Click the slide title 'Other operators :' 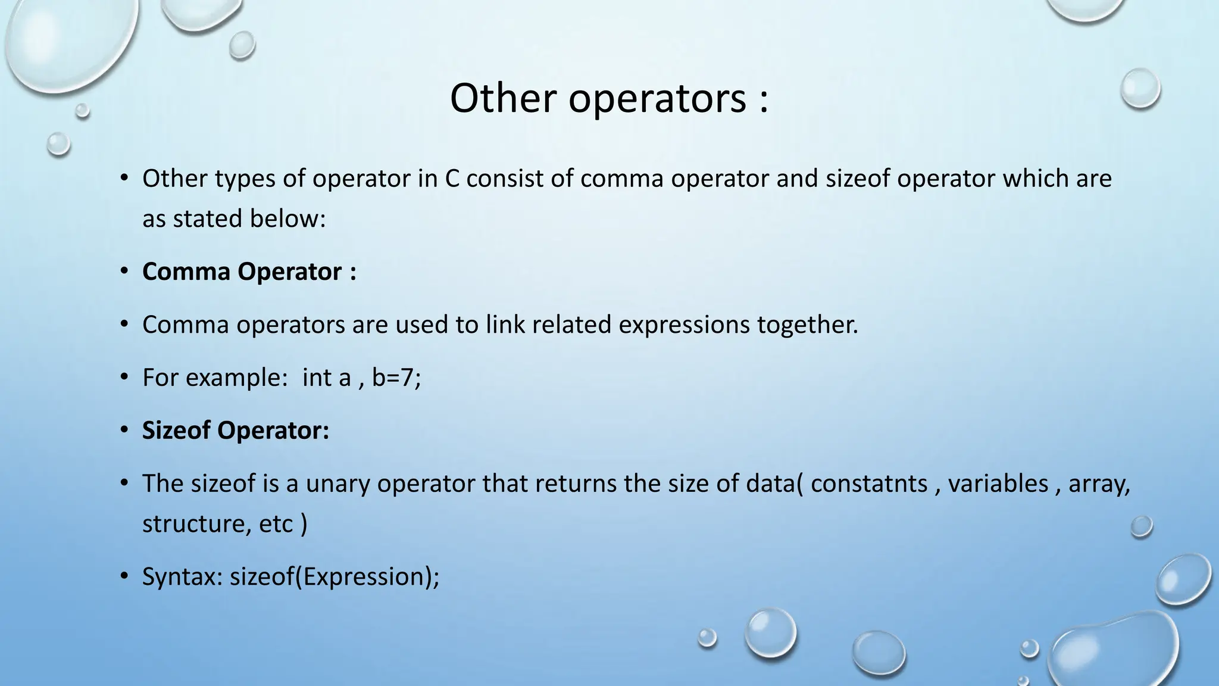(x=609, y=98)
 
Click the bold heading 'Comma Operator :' (x=249, y=272)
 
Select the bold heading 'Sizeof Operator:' (x=235, y=430)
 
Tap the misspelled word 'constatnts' (x=868, y=483)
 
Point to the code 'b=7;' (x=396, y=378)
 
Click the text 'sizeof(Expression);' (x=335, y=576)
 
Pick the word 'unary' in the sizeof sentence (x=337, y=483)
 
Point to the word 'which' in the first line (x=1029, y=179)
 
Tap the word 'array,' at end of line (x=1099, y=483)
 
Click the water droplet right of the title (x=1140, y=89)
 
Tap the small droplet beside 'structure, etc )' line (x=1141, y=526)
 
